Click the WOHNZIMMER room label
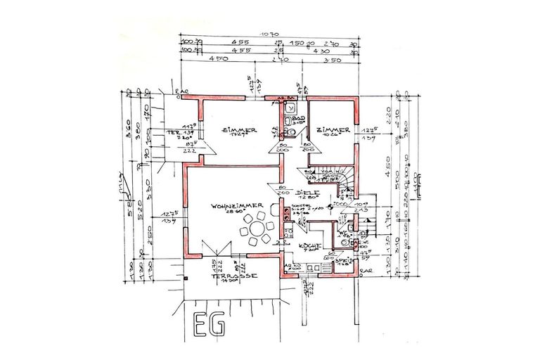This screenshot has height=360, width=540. coord(236,205)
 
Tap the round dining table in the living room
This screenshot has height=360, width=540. coord(258,229)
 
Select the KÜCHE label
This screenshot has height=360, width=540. coord(310,246)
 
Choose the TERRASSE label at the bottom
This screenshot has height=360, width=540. coord(230,276)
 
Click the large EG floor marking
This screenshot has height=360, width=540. coord(208,326)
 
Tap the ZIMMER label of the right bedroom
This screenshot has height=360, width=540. coord(333,130)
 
